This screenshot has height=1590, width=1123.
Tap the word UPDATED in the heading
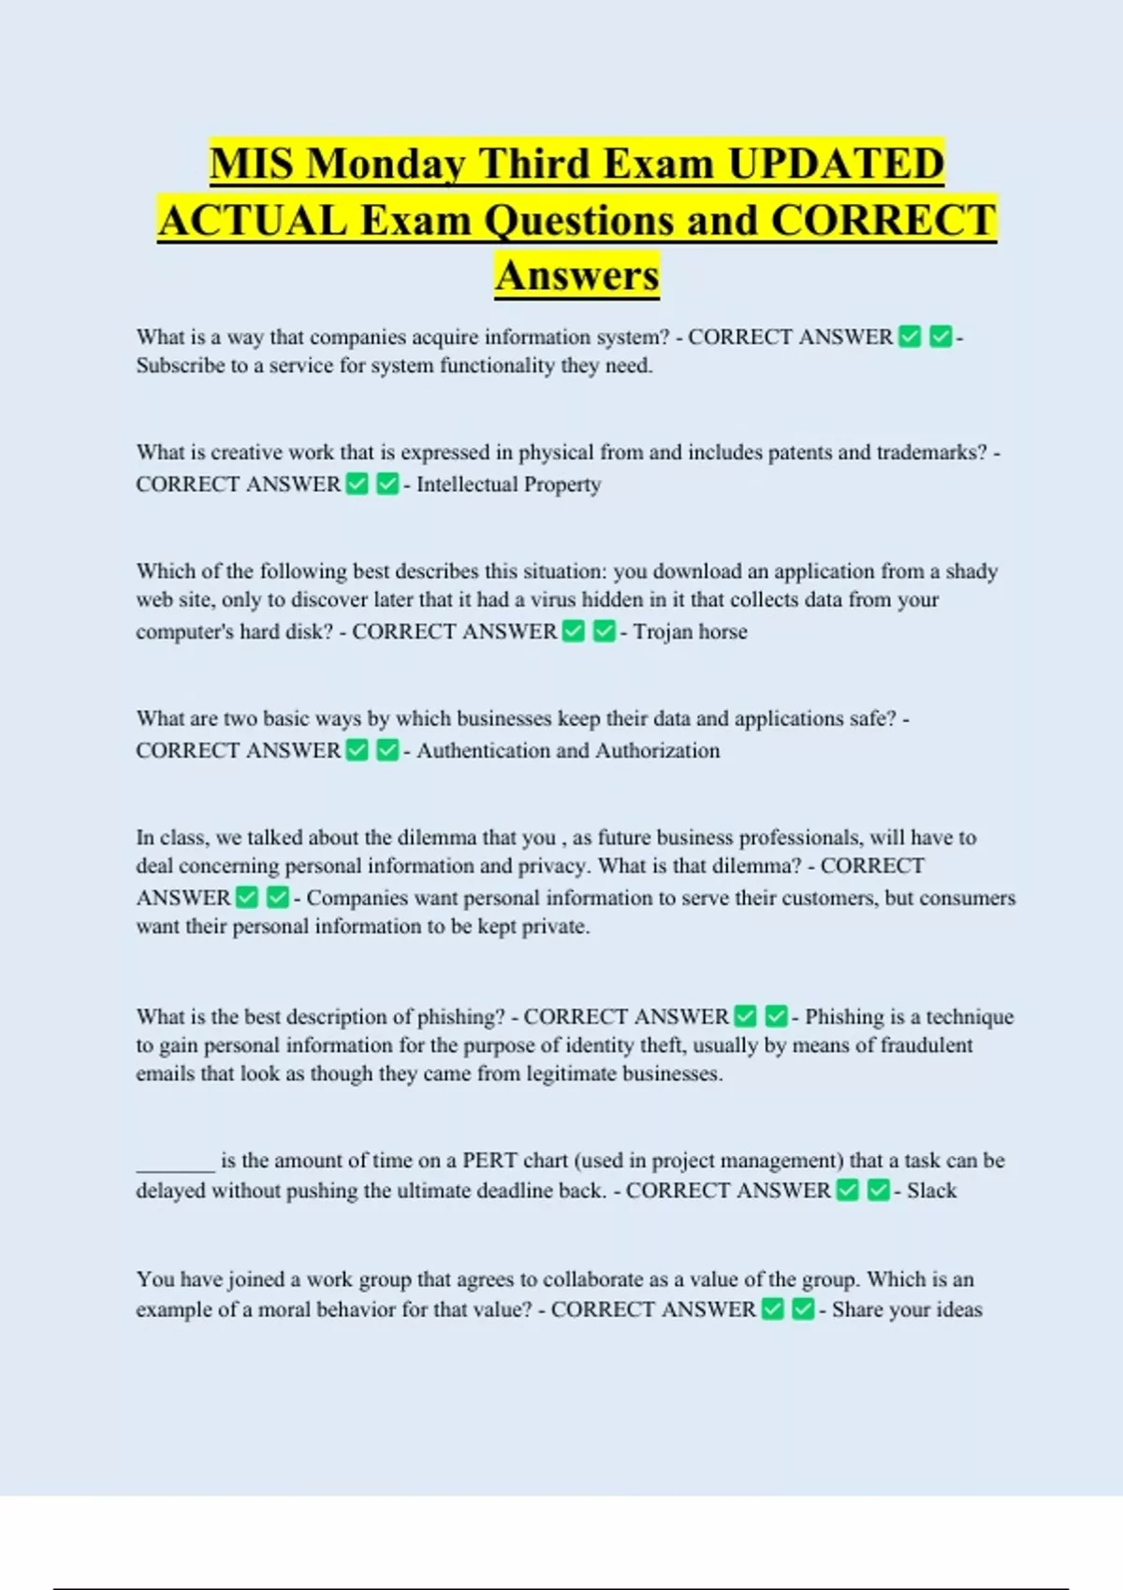point(836,165)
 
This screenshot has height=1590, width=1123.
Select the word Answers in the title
point(577,276)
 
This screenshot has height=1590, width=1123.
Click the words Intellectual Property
point(509,484)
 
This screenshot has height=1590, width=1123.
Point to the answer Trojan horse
point(691,632)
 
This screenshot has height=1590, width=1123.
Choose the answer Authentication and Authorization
point(568,751)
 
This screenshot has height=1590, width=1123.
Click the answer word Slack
point(931,1191)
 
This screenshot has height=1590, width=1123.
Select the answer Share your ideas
point(907,1309)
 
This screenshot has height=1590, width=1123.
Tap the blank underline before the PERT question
point(176,1164)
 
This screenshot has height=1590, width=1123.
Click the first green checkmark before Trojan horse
point(574,632)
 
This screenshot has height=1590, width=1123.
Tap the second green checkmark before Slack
point(878,1191)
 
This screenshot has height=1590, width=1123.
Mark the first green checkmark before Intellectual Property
point(357,484)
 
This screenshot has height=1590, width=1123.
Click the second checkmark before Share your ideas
point(803,1309)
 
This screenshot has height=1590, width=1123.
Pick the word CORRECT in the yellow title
point(883,221)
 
